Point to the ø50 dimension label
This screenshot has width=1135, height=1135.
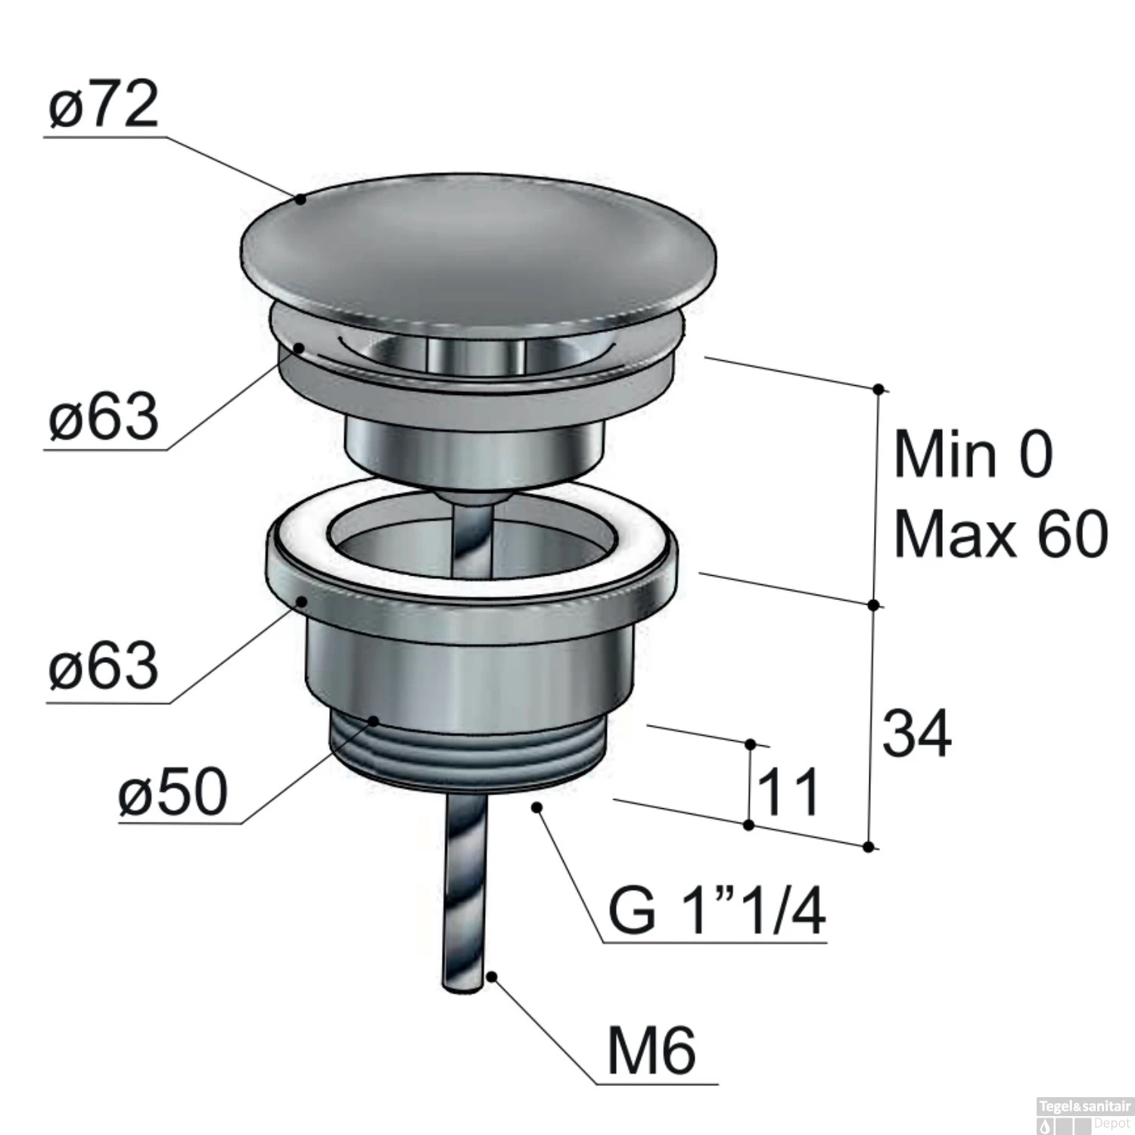coord(173,792)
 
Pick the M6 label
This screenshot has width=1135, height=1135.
coord(651,1051)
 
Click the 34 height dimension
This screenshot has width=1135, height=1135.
coord(916,734)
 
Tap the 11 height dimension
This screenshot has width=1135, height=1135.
coord(788,792)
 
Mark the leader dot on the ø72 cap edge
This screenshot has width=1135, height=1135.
coord(300,200)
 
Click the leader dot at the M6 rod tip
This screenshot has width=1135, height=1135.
coord(491,977)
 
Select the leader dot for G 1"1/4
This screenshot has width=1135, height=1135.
coord(538,807)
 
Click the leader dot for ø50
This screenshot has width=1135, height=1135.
coord(374,721)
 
